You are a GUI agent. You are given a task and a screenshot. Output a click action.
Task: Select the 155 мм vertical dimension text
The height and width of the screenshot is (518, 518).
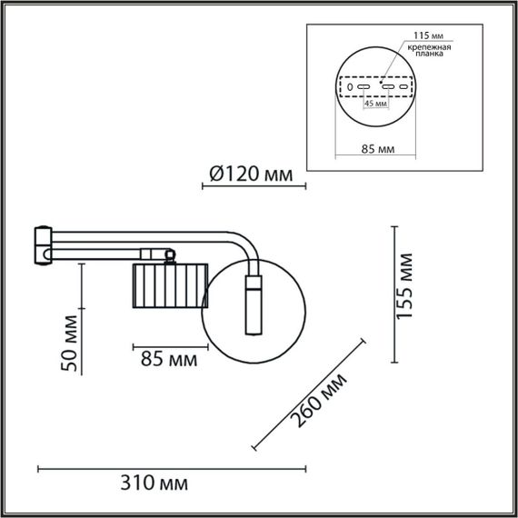[408, 292]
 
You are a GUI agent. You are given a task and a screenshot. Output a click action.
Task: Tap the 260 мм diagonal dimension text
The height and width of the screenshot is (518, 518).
[318, 401]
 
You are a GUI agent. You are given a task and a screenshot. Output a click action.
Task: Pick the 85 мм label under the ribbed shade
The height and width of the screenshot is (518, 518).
[169, 359]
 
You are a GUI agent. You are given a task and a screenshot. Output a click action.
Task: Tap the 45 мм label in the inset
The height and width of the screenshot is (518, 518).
[375, 104]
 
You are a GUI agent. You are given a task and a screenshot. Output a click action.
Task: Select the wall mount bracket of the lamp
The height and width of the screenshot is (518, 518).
[42, 245]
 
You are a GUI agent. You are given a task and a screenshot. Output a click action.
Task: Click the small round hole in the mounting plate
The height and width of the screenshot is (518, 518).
[350, 86]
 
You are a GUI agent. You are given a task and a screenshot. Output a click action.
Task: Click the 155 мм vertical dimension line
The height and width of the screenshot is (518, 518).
[393, 292]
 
